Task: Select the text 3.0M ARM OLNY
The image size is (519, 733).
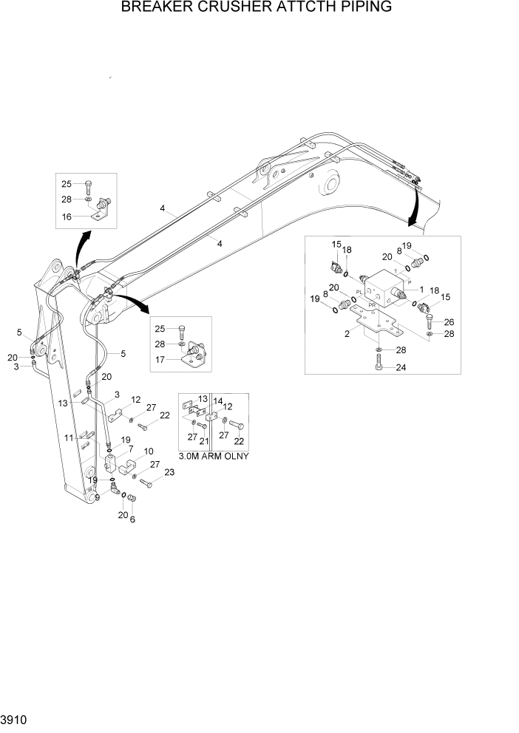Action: tap(213, 455)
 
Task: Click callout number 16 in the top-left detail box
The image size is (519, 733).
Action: tap(66, 217)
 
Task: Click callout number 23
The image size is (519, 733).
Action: tap(169, 472)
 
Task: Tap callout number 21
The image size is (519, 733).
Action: tap(205, 441)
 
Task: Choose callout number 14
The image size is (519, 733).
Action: tap(218, 401)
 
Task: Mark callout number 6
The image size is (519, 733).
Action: tap(133, 519)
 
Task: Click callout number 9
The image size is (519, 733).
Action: tap(96, 497)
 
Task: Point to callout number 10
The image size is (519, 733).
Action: tap(148, 451)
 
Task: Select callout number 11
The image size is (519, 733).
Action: tap(68, 437)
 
